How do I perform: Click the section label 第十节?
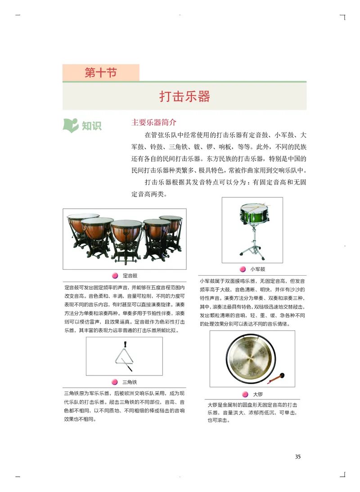tap(101, 72)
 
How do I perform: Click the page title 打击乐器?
tap(184, 96)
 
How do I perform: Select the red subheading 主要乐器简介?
tap(154, 122)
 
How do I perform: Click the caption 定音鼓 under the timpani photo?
tap(130, 275)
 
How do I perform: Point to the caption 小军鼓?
tap(258, 269)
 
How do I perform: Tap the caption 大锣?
tap(258, 394)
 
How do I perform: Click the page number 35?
tap(297, 456)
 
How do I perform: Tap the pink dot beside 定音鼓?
tap(115, 275)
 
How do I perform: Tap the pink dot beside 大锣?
tap(245, 394)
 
